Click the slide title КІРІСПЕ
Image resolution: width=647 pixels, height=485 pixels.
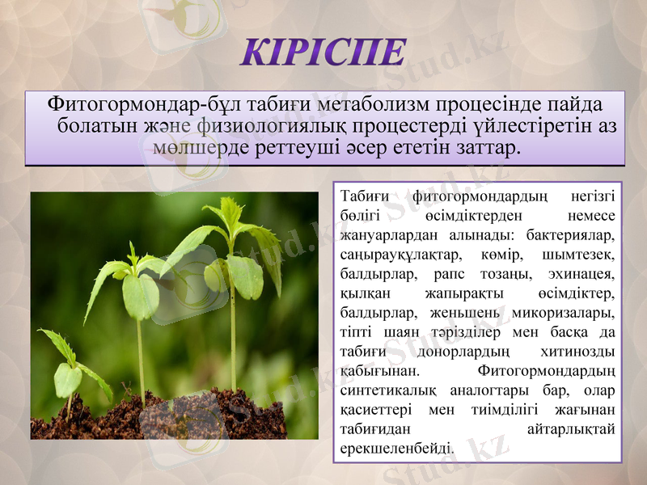coord(323,52)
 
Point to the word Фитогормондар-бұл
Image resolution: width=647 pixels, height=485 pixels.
coord(124,105)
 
